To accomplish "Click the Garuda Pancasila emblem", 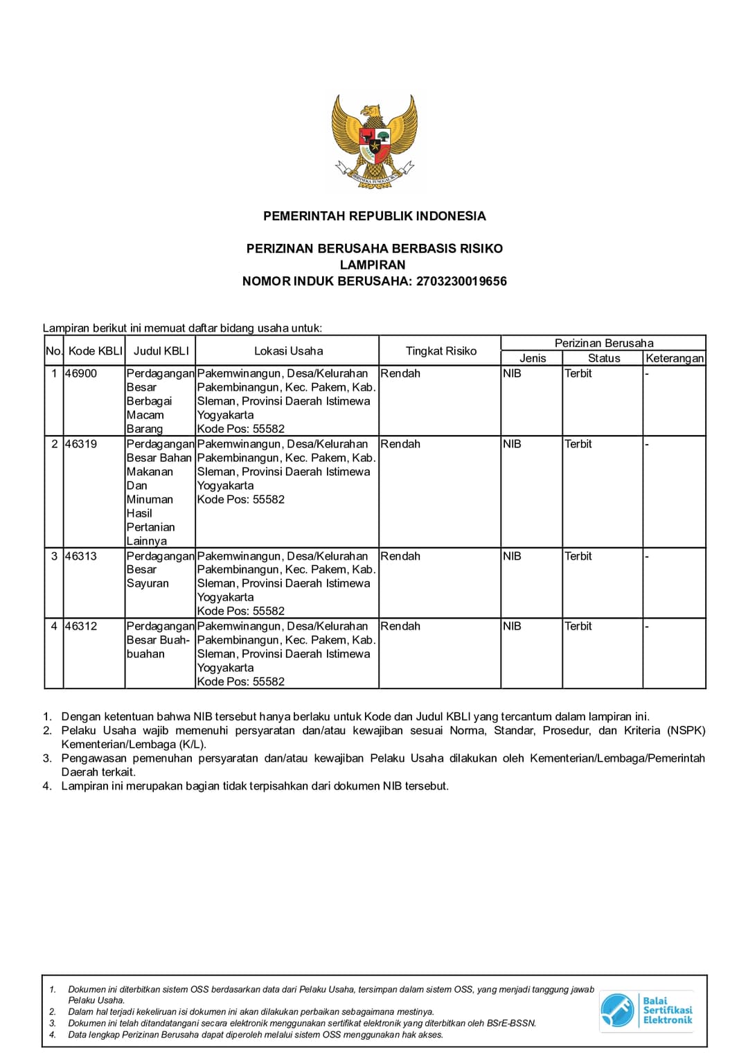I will click(374, 142).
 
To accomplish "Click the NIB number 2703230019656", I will click(461, 281).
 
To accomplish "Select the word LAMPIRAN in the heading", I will click(373, 265).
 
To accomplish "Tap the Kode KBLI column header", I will click(95, 351).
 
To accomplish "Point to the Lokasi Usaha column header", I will click(288, 351).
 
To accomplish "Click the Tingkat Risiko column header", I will click(440, 351).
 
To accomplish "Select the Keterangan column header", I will click(674, 358).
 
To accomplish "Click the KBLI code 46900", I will click(81, 373).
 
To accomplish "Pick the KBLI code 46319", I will click(81, 444).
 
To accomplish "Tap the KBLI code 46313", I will click(81, 556).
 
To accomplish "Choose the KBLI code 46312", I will click(81, 626).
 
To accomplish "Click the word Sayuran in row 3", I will click(148, 583).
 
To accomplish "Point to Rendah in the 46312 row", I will click(400, 626).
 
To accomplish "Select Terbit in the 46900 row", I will click(578, 373).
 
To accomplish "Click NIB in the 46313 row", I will click(512, 556).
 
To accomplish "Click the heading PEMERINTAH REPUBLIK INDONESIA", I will click(374, 216).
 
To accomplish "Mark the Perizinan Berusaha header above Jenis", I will click(604, 343).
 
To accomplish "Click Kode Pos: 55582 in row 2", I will click(240, 499).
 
